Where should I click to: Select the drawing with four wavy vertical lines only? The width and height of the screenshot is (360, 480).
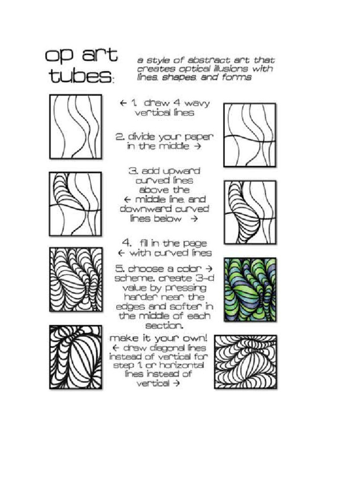75,127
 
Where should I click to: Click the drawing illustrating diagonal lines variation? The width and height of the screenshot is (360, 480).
75,358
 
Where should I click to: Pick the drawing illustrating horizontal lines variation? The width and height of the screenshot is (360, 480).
245,360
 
